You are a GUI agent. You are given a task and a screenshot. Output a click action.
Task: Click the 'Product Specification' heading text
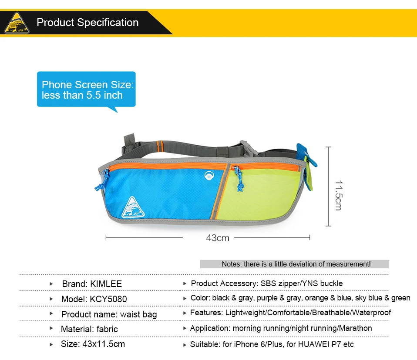pos(87,23)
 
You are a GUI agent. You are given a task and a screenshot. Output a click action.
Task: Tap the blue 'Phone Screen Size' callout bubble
pos(86,90)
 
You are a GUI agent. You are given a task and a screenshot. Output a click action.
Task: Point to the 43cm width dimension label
pos(217,238)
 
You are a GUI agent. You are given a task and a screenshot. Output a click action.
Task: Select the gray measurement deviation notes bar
pos(294,264)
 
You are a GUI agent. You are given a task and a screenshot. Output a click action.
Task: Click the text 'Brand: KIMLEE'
pos(92,284)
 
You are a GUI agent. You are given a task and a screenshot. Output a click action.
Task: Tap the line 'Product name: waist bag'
pos(109,314)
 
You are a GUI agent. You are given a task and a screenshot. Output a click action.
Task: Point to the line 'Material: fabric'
pos(89,329)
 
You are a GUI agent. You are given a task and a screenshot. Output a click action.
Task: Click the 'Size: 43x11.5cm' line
pos(93,344)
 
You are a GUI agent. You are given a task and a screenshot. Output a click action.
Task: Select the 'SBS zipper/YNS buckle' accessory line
pos(301,283)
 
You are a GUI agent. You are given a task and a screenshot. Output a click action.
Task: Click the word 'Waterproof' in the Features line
pos(371,313)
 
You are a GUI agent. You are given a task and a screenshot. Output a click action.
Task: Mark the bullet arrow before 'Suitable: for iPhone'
pos(185,345)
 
